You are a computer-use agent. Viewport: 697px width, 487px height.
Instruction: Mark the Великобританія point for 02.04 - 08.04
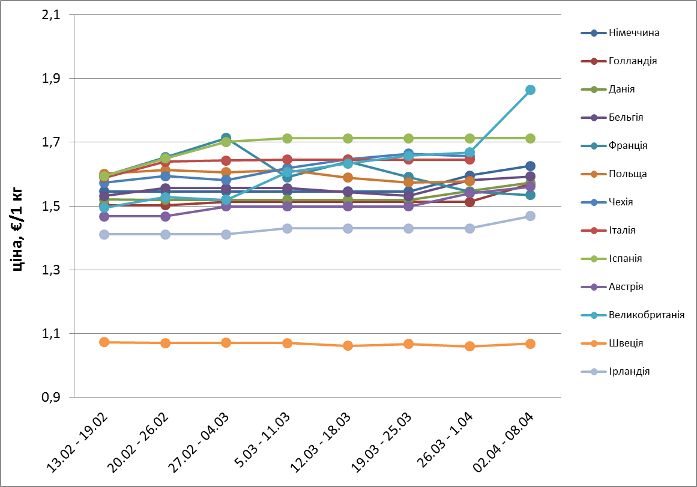click(531, 90)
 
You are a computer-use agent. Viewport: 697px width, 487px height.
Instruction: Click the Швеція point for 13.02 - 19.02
click(104, 342)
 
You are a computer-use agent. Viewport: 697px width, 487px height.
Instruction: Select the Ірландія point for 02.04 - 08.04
click(531, 216)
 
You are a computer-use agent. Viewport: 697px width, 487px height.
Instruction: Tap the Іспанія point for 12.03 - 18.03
click(348, 138)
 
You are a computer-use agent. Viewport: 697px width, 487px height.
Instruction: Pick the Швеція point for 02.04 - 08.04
click(531, 343)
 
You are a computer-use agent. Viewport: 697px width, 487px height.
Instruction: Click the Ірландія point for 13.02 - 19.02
click(104, 234)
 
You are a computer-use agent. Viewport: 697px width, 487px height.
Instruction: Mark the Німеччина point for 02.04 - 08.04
click(531, 166)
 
